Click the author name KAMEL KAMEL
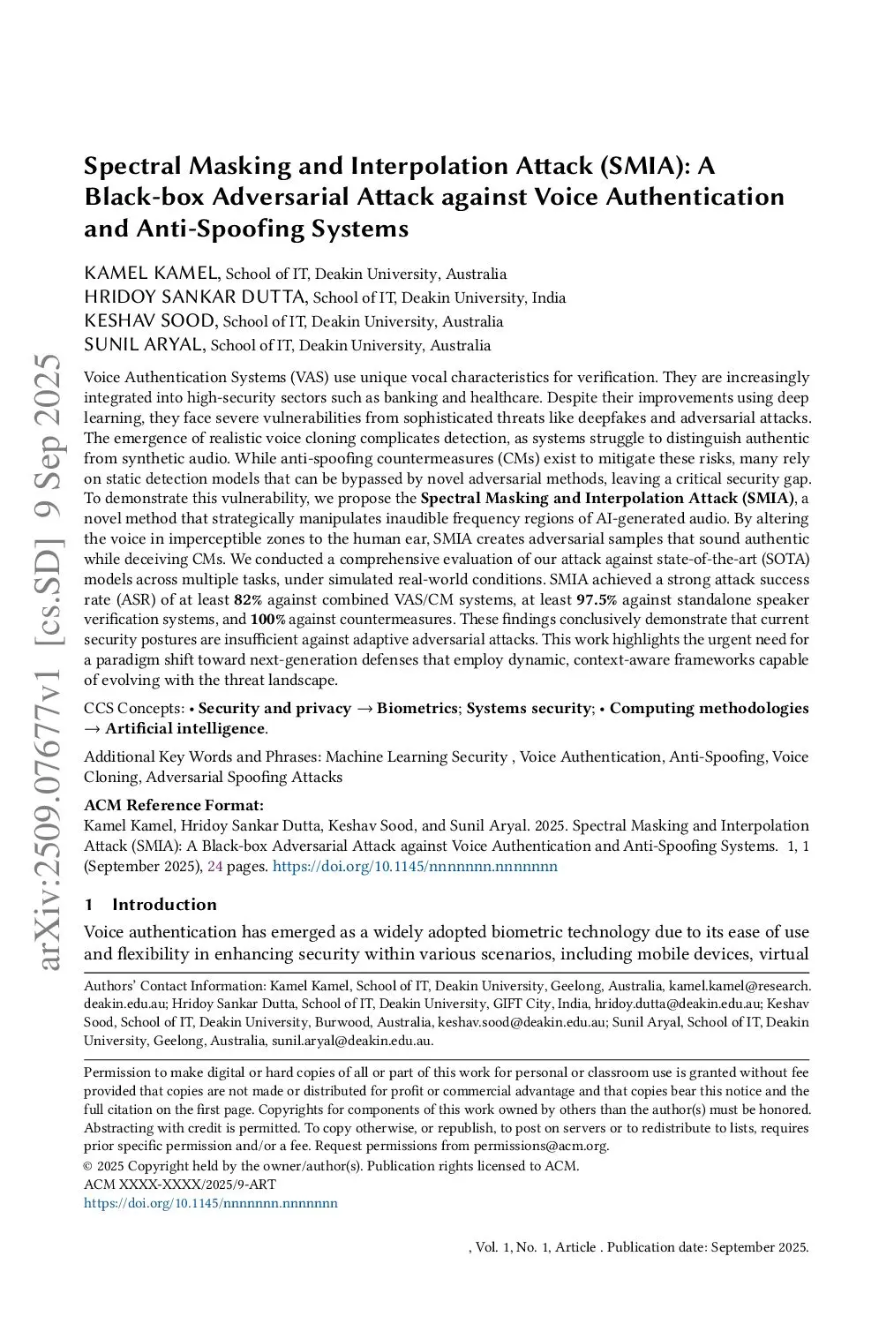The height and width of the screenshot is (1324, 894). pyautogui.click(x=151, y=273)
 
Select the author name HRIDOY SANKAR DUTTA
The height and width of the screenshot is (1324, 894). pyautogui.click(x=195, y=297)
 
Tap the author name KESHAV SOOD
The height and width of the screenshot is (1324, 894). pyautogui.click(x=149, y=320)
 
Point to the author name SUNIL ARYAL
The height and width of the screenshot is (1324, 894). pyautogui.click(x=144, y=344)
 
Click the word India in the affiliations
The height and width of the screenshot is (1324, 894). pyautogui.click(x=548, y=297)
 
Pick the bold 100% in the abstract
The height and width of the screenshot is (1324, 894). pyautogui.click(x=267, y=620)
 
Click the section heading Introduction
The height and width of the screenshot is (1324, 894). pyautogui.click(x=164, y=904)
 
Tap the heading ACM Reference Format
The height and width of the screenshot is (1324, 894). pyautogui.click(x=174, y=805)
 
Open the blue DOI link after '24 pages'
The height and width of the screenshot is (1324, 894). pyautogui.click(x=415, y=867)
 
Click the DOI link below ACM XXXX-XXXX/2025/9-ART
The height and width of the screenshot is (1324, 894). pyautogui.click(x=211, y=1203)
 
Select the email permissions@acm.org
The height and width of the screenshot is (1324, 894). pyautogui.click(x=541, y=1146)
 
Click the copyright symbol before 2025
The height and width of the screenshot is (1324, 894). pyautogui.click(x=88, y=1166)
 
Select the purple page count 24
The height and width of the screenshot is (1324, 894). pyautogui.click(x=214, y=867)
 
